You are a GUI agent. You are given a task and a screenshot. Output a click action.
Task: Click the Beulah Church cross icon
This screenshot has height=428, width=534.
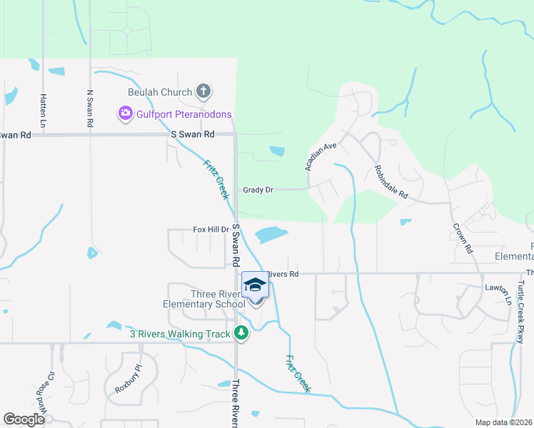point(203,91)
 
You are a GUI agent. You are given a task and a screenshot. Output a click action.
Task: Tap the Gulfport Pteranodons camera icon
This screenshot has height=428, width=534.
point(126,113)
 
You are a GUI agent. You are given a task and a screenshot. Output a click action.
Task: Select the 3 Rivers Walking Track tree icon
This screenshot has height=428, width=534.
point(241,333)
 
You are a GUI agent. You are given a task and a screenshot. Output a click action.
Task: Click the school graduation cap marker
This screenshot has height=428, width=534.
point(256,285)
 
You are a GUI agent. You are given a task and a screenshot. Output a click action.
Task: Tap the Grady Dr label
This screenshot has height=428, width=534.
point(258,190)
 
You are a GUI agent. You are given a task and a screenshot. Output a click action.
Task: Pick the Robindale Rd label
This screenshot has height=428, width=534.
point(391,183)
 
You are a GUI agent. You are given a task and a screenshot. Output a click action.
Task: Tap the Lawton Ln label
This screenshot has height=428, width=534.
point(502,295)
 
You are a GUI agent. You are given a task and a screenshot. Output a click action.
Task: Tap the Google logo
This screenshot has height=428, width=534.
point(24,419)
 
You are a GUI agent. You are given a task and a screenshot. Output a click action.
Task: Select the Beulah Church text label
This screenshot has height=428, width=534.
point(160,92)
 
